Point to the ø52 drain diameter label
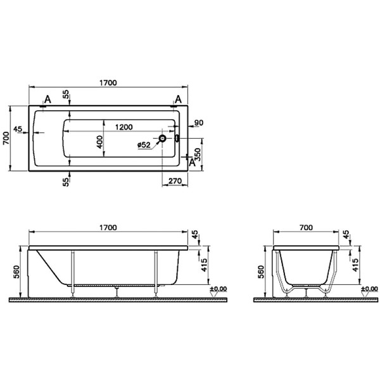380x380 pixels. pos(143,145)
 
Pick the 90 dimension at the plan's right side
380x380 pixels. pos(198,123)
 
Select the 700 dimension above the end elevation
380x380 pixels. pos(307,227)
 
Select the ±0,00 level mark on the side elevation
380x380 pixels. pos(218,289)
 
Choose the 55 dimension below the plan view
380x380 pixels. pos(66,182)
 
